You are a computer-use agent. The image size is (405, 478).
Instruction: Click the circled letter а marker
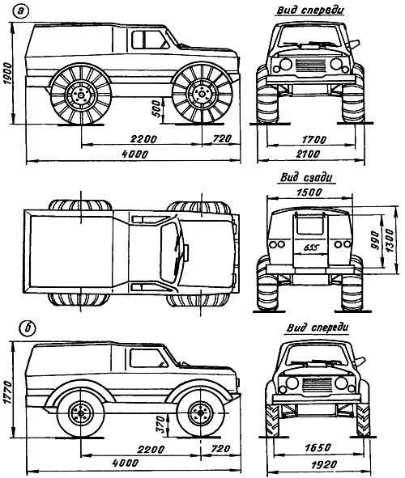coord(20,12)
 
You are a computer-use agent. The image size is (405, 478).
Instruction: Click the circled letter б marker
coord(28,328)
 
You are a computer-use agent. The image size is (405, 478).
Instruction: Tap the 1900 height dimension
coord(6,73)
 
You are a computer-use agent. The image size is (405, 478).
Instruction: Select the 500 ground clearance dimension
coord(156,108)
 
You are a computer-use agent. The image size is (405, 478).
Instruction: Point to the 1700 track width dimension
coord(314,140)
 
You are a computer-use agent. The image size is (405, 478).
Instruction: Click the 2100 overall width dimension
coord(308,154)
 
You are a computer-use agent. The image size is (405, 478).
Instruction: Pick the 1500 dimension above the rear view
coord(309,192)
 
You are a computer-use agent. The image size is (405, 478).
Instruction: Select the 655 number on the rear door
coord(311,247)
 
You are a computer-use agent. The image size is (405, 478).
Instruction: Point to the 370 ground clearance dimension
coord(160,425)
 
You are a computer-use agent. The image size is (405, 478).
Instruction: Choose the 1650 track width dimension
coord(318,447)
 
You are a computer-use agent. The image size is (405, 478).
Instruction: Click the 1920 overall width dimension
coord(324,464)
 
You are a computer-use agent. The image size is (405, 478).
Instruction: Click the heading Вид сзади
coord(306,177)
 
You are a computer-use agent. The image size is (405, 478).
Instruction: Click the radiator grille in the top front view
coord(311,65)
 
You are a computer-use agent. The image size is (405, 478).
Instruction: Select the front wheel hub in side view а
coord(202,94)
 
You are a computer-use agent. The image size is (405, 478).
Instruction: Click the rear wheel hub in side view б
coord(81,413)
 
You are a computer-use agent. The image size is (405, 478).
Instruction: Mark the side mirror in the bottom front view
coord(360,362)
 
